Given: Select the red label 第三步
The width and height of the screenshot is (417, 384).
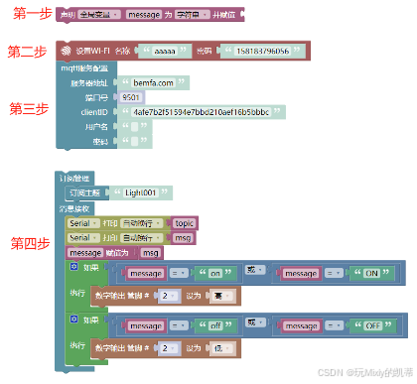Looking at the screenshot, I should (x=29, y=108).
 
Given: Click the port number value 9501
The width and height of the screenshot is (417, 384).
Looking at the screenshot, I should (x=130, y=98).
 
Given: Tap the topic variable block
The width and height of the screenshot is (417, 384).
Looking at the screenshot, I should (x=184, y=223).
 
